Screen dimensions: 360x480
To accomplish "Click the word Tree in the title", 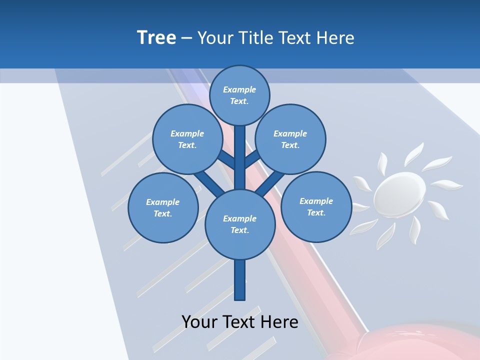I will click(x=156, y=37).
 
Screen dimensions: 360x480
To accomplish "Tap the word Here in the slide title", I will click(x=334, y=37).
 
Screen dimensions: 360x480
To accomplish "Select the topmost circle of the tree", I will click(x=239, y=95).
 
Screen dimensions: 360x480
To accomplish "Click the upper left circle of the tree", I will click(x=187, y=139).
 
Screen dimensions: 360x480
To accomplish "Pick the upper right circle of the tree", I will click(x=290, y=139).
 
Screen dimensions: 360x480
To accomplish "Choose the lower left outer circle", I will click(x=163, y=207).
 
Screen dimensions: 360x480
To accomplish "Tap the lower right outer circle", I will click(x=316, y=206).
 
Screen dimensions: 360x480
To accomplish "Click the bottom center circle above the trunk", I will click(x=240, y=224).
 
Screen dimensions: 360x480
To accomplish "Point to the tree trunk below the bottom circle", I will click(x=240, y=280).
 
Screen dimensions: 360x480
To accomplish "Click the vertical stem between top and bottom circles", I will click(x=240, y=157).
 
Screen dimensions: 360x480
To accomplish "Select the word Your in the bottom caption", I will click(x=199, y=321).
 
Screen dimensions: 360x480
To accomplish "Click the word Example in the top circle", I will click(x=239, y=89).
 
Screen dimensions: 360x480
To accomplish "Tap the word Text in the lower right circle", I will click(x=316, y=212).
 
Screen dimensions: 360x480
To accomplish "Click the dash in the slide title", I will click(x=186, y=38).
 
